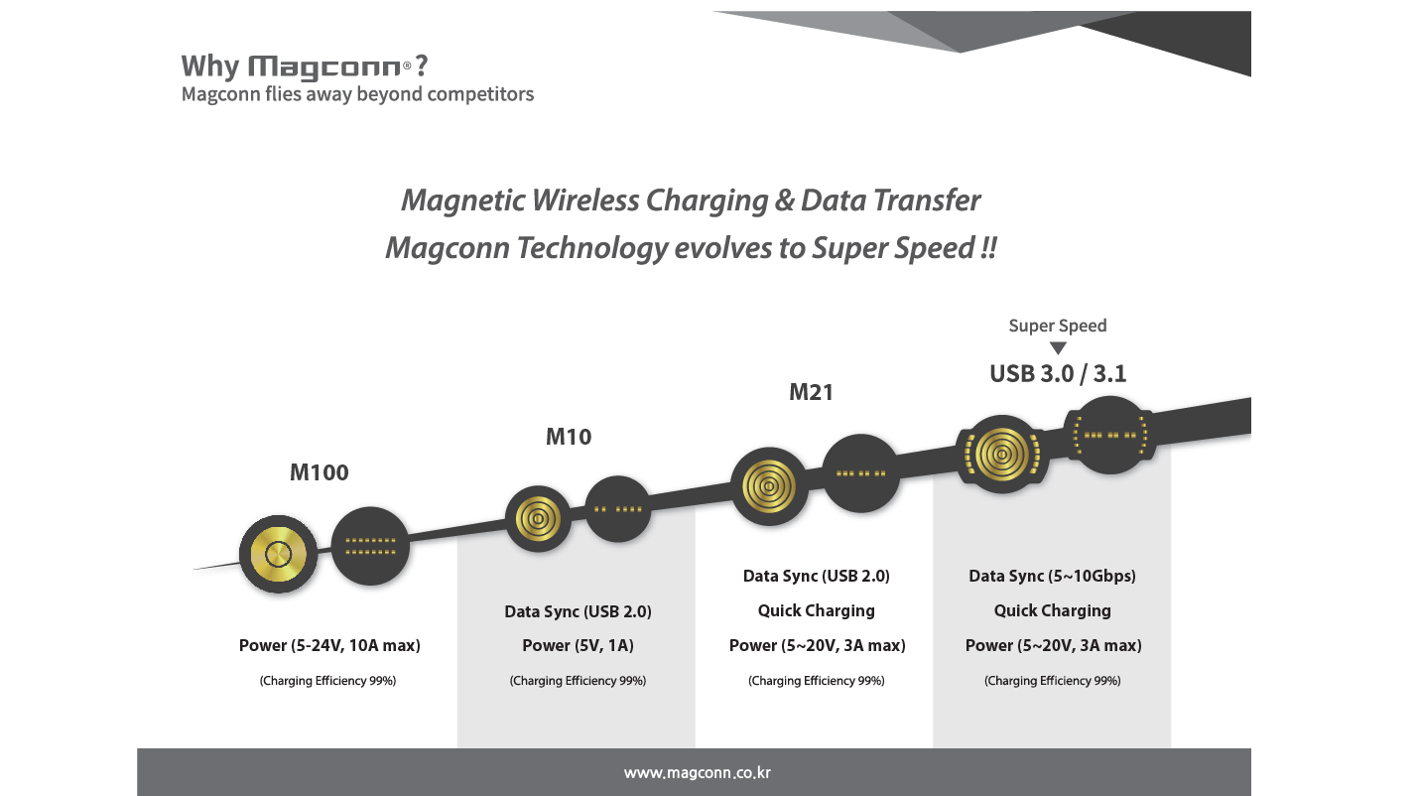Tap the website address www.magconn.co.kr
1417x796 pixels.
(697, 772)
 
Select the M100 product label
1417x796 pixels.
(320, 472)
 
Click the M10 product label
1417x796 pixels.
(569, 437)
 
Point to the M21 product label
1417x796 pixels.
(811, 392)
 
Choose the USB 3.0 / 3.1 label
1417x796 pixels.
(1058, 374)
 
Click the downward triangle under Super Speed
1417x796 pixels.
(1058, 348)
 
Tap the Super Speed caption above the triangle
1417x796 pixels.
(1058, 326)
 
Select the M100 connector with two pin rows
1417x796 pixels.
(369, 545)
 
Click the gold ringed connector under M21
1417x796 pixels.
(769, 487)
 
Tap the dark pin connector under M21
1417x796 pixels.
(860, 473)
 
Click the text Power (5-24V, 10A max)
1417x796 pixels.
(329, 646)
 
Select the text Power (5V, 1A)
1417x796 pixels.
(578, 646)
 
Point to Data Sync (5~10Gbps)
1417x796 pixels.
(1052, 576)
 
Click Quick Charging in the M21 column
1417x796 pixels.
(816, 610)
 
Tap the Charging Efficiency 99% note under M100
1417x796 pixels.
(328, 681)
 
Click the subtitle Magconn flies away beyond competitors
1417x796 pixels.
(357, 94)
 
